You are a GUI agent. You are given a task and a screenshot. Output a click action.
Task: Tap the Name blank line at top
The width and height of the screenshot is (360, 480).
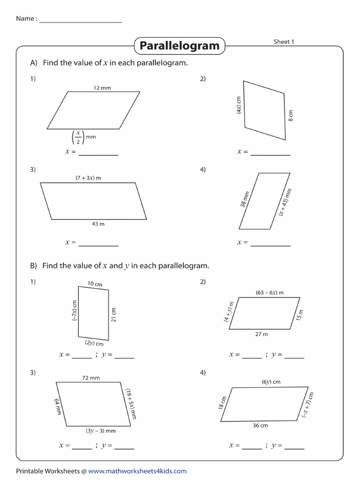81,22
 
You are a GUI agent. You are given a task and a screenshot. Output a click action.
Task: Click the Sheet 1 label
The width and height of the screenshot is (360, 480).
284,42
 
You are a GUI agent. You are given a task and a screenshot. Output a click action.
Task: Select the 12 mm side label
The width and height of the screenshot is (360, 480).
102,88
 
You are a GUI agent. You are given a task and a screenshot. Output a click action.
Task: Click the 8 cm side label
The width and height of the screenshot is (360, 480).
291,116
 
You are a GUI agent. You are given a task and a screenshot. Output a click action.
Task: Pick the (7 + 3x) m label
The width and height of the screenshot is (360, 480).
88,178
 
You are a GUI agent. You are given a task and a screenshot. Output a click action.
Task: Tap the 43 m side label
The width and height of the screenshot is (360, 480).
98,224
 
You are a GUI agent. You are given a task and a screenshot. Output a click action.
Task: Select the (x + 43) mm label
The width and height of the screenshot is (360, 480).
285,202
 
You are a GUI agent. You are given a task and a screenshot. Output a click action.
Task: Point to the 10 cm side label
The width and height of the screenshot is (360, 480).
95,284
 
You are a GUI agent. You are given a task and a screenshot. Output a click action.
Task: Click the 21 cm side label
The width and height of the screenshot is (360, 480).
114,315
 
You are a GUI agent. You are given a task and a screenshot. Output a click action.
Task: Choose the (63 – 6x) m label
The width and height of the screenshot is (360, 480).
270,292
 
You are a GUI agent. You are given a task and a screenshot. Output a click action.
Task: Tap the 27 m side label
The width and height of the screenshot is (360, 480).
262,334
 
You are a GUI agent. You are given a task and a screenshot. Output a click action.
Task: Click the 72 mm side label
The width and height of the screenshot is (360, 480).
91,378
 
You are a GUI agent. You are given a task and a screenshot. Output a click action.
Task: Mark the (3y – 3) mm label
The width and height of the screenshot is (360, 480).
100,430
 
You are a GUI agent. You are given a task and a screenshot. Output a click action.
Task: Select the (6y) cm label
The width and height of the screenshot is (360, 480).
271,382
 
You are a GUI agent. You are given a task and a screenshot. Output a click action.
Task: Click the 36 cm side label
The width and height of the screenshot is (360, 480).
260,425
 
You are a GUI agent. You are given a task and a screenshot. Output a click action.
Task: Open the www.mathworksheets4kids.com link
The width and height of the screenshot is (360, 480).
137,471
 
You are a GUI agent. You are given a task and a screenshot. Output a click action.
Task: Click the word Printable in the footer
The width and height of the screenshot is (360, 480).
30,471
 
